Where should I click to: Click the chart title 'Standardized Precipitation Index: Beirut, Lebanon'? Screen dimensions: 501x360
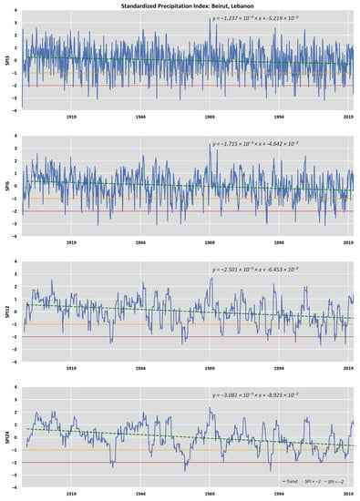(181, 5)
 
